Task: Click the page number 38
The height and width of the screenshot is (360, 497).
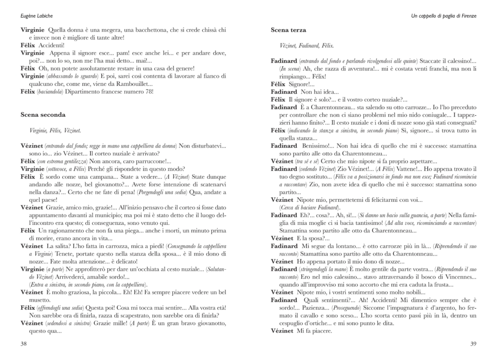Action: (x=24, y=344)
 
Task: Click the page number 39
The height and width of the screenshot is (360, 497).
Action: (x=473, y=344)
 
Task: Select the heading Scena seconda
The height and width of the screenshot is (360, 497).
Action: (x=43, y=115)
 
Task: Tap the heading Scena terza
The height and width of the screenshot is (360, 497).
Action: (x=288, y=30)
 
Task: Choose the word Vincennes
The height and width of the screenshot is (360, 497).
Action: (x=441, y=277)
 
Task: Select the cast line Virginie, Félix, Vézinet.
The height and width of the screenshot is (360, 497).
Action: (x=55, y=130)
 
